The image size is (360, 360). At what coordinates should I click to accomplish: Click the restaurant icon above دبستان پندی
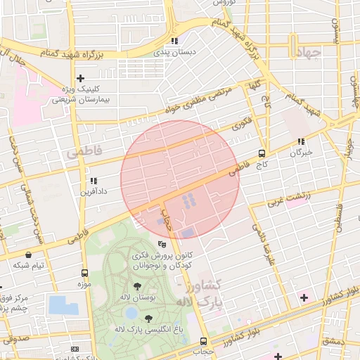[x=174, y=41]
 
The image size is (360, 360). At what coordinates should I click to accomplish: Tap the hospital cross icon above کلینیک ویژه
[x=81, y=78]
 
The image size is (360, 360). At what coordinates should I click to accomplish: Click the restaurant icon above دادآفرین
[x=93, y=181]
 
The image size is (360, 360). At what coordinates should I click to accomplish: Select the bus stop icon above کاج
[x=262, y=153]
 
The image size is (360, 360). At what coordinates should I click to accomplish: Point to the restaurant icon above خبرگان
[x=301, y=141]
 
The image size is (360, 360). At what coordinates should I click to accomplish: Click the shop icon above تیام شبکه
[x=27, y=255]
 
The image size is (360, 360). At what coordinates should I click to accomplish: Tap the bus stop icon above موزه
[x=84, y=273]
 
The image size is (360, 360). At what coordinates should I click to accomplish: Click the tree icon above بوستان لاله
[x=137, y=286]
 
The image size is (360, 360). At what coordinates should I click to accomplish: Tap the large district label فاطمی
[x=84, y=151]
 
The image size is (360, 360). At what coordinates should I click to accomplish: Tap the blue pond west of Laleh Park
[x=63, y=306]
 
